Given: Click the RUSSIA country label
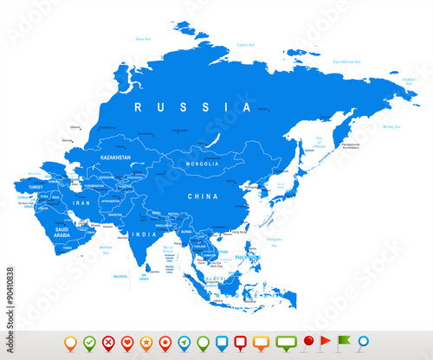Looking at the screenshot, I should tap(179, 107).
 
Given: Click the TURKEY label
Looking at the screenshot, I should tap(36, 187).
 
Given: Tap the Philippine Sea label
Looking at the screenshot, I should tap(275, 237).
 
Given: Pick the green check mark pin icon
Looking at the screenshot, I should tap(88, 342).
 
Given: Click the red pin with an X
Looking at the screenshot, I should tap(108, 342).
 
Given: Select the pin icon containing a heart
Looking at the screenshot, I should tap(127, 342).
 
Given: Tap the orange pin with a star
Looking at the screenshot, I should tap(146, 342).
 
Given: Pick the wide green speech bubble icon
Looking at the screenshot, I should tap(286, 341).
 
